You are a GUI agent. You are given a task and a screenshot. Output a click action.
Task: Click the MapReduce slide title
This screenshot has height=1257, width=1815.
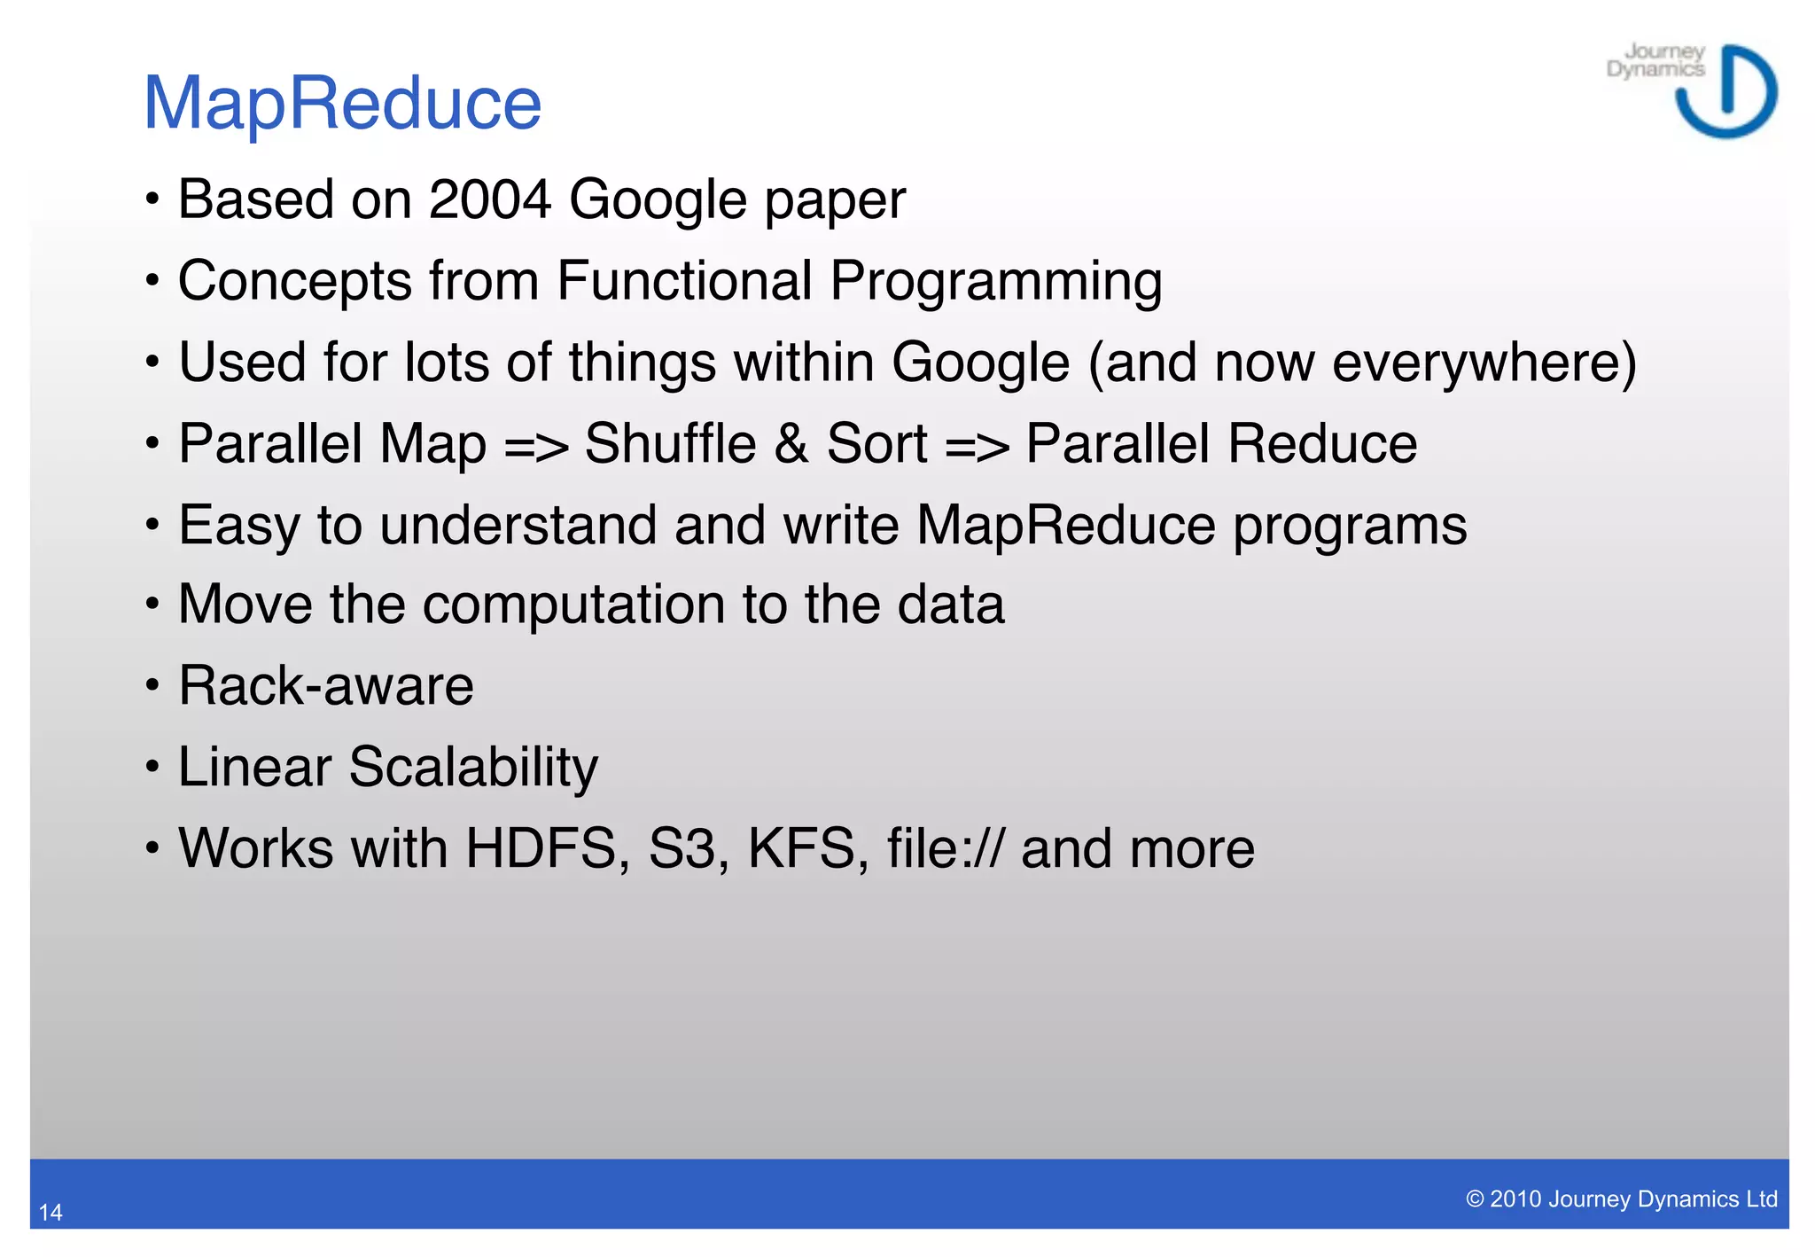[342, 103]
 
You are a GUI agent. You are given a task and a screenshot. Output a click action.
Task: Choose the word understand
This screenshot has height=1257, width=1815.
[518, 525]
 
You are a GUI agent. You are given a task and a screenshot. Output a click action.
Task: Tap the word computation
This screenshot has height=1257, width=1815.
[573, 605]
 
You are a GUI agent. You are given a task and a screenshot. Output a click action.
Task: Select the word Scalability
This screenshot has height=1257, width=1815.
[473, 767]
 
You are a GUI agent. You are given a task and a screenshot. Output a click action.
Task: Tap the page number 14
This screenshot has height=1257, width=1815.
[51, 1212]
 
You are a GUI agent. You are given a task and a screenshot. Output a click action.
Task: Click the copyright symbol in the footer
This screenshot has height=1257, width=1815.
[1475, 1199]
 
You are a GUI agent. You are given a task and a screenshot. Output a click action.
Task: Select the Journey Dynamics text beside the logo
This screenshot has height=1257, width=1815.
[1655, 60]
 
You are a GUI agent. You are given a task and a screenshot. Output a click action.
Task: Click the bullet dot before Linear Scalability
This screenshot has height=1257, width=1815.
[152, 767]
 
